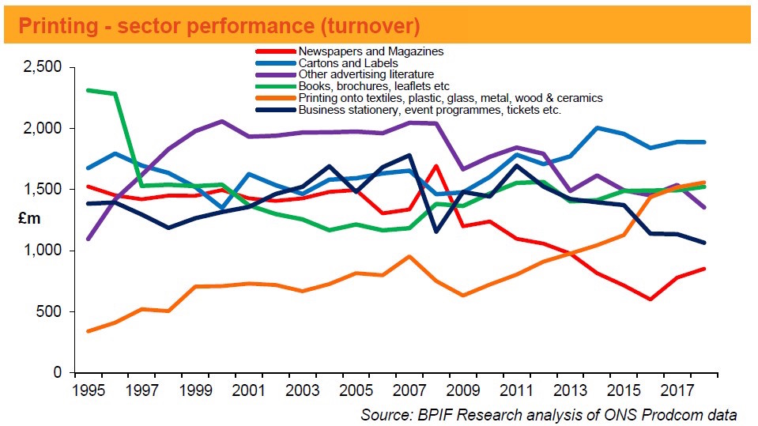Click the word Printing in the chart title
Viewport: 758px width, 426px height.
pyautogui.click(x=55, y=26)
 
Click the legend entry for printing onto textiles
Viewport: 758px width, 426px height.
pyautogui.click(x=450, y=98)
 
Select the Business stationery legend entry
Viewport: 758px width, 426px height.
pyautogui.click(x=429, y=110)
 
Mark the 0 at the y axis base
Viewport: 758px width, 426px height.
pyautogui.click(x=58, y=372)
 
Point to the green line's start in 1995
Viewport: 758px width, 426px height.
pyautogui.click(x=88, y=90)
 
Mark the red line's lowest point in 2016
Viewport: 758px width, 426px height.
pyautogui.click(x=650, y=300)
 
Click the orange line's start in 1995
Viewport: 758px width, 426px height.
pyautogui.click(x=88, y=331)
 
